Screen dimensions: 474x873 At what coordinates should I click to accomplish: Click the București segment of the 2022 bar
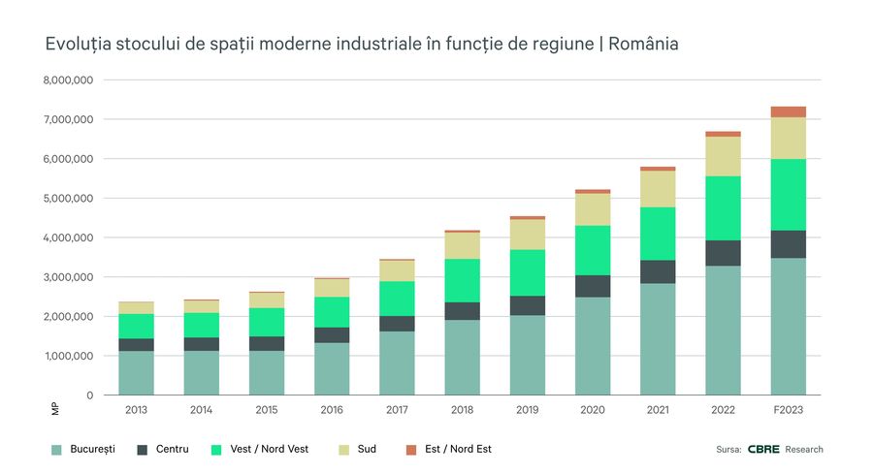tap(723, 330)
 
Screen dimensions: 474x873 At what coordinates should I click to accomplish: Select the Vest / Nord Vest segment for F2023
tap(788, 194)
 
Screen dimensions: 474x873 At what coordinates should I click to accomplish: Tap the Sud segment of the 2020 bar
tap(593, 209)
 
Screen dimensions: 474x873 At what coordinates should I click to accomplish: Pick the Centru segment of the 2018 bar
tap(462, 311)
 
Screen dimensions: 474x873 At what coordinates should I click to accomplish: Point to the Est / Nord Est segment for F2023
tap(788, 111)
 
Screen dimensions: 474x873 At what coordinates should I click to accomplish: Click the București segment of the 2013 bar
tap(136, 372)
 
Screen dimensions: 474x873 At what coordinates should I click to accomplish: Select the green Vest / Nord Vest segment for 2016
tap(332, 311)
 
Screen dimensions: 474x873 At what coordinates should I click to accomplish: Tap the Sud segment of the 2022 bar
tap(723, 156)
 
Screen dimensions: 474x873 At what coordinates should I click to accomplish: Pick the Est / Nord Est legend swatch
tap(411, 449)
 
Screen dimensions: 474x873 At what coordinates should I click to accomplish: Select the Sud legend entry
tap(365, 449)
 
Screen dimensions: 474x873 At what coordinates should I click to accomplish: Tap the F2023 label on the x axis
tap(788, 410)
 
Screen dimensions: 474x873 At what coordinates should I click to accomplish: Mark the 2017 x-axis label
tap(397, 410)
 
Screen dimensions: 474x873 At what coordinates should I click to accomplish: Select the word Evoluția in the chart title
tap(79, 45)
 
